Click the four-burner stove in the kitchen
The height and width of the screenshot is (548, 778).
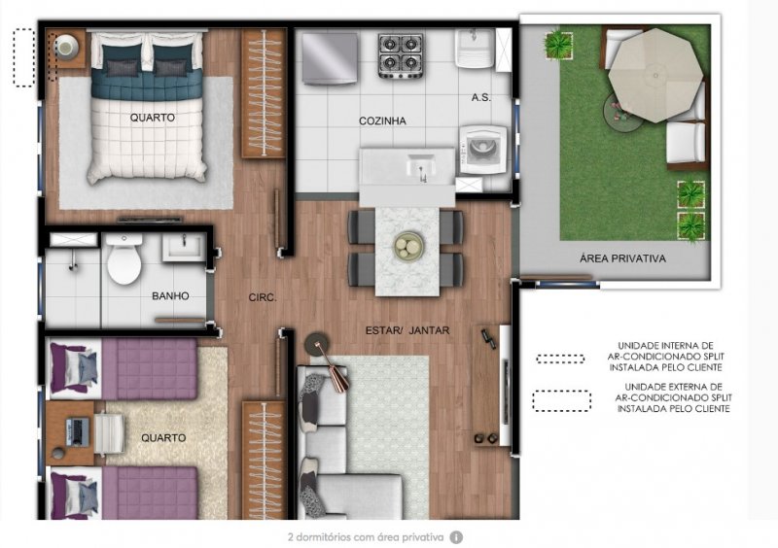401,55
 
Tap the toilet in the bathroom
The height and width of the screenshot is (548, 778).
124,259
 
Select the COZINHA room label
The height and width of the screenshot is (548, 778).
382,120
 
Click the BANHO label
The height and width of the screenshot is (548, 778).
170,296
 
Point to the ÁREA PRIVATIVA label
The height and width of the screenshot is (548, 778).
622,258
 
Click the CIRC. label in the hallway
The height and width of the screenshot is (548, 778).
263,297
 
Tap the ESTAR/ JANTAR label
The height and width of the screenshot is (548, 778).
407,330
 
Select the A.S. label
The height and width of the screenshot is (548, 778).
480,98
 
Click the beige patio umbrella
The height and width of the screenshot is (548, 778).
655,76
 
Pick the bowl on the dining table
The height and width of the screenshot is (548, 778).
408,246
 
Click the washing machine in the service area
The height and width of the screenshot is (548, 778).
483,150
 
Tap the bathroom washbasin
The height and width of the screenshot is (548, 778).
183,247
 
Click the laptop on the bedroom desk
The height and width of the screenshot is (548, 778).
78,431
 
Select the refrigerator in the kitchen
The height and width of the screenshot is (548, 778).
330,58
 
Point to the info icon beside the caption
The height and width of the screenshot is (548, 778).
456,537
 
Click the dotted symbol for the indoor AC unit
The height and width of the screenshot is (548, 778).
560,359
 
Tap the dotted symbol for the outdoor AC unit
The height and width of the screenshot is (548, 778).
561,400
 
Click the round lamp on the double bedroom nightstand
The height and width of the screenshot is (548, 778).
66,46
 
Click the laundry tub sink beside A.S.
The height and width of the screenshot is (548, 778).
476,49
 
